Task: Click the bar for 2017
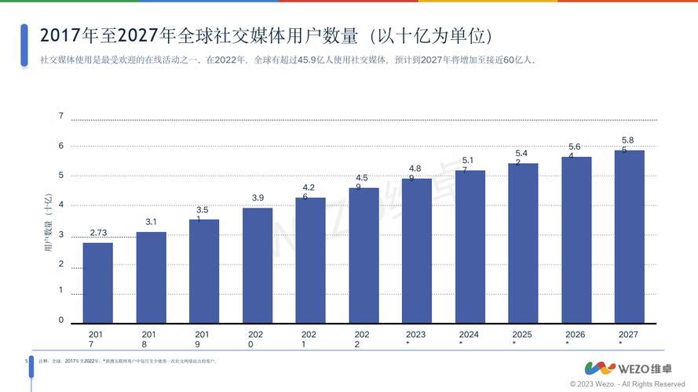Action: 97,283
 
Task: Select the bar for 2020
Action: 258,266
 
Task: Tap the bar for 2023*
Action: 417,251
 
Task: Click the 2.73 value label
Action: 98,233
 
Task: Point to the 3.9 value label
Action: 258,198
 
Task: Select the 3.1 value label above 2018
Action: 151,222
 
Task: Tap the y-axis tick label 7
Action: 60,116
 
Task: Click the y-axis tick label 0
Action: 60,320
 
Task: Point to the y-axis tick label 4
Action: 60,205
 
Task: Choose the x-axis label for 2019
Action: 203,339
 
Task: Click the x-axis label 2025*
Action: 522,338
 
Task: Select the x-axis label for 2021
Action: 309,339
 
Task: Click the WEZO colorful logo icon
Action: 601,368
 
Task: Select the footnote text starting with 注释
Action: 126,361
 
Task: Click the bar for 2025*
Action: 523,244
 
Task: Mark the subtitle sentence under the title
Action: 287,60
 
